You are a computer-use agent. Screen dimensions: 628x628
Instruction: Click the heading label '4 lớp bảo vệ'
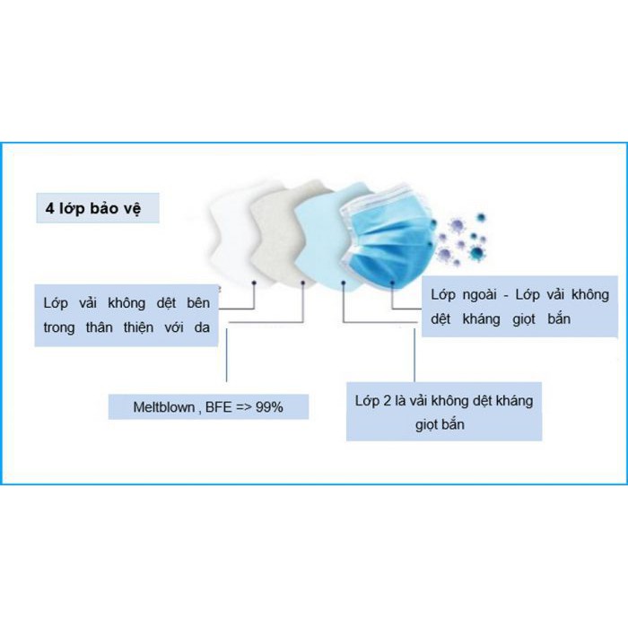tap(97, 209)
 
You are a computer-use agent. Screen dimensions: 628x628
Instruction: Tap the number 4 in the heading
tap(50, 209)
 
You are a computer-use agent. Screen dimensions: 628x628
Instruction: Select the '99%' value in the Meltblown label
tap(268, 406)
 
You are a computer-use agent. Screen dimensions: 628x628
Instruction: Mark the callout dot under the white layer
tap(255, 283)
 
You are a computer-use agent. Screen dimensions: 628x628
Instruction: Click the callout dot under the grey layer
tap(303, 283)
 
